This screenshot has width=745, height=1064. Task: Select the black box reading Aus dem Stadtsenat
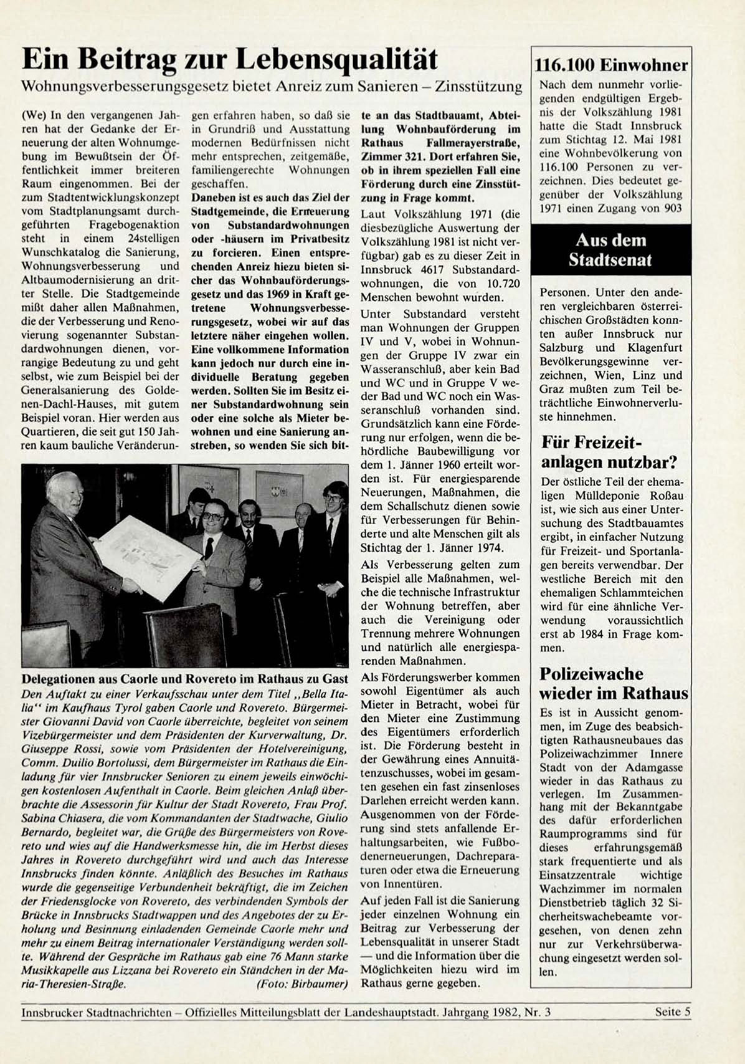[x=610, y=250]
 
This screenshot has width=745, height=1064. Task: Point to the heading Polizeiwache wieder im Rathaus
[x=613, y=683]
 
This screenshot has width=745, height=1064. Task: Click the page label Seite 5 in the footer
[x=673, y=1012]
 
